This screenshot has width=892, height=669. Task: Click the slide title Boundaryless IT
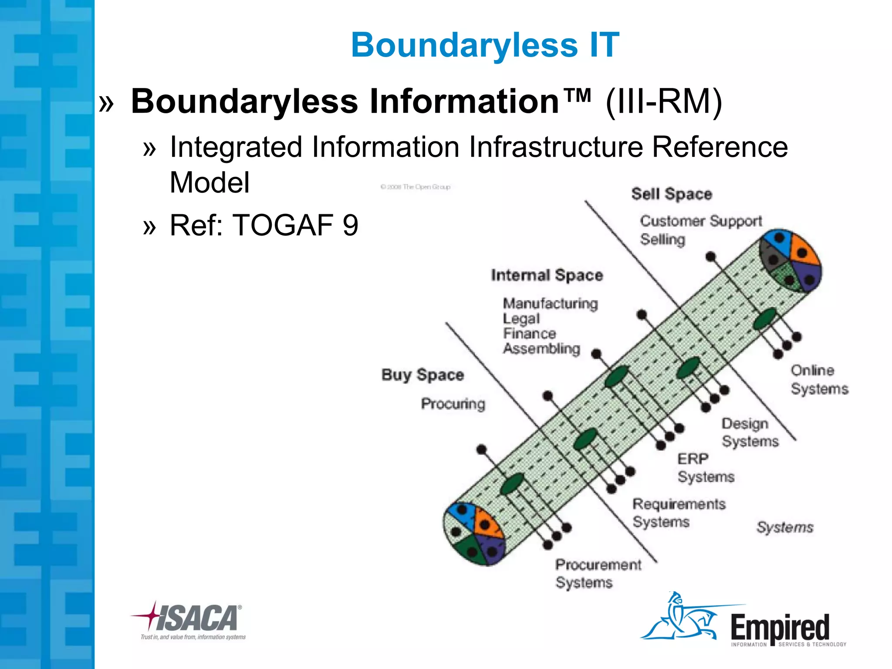(485, 45)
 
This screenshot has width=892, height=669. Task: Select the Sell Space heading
(671, 194)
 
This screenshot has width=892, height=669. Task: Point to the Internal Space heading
(547, 275)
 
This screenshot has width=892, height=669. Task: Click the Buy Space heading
(422, 375)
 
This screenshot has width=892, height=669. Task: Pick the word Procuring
(453, 404)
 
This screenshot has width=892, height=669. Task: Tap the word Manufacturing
(550, 303)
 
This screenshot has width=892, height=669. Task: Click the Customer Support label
(701, 221)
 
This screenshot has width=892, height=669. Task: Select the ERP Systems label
(705, 468)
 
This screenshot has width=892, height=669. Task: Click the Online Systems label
(819, 379)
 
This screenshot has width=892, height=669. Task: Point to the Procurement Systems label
(598, 573)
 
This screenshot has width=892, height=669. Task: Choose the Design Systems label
(750, 432)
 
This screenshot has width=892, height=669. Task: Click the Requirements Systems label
(678, 513)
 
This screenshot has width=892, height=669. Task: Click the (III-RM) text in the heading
(663, 101)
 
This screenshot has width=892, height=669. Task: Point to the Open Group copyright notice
(415, 187)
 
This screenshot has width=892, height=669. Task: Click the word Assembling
(541, 348)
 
